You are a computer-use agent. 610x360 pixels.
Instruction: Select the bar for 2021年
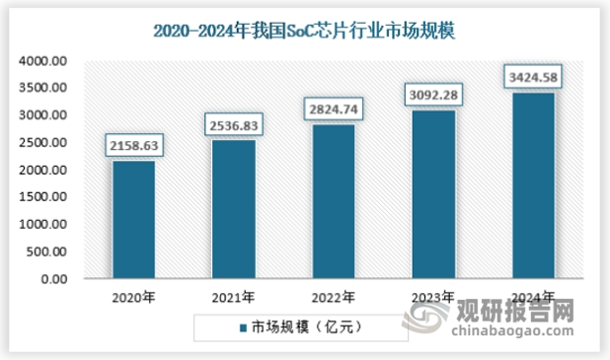(233, 209)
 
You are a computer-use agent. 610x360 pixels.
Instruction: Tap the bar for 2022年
(333, 201)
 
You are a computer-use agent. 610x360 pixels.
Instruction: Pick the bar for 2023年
(432, 194)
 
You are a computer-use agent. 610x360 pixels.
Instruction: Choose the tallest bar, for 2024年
(532, 185)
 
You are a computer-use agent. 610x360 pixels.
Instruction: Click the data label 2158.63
(133, 147)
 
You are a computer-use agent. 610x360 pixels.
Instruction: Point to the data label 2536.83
(233, 125)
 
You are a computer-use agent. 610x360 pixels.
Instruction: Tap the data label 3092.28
(432, 96)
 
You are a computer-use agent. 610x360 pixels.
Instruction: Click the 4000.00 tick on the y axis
(42, 60)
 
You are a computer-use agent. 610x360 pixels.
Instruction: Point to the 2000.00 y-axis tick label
(42, 170)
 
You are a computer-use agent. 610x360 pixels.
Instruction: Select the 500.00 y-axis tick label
(45, 252)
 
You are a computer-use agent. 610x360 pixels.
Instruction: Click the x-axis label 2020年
(133, 296)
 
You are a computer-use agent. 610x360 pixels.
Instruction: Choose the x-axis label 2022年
(333, 296)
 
